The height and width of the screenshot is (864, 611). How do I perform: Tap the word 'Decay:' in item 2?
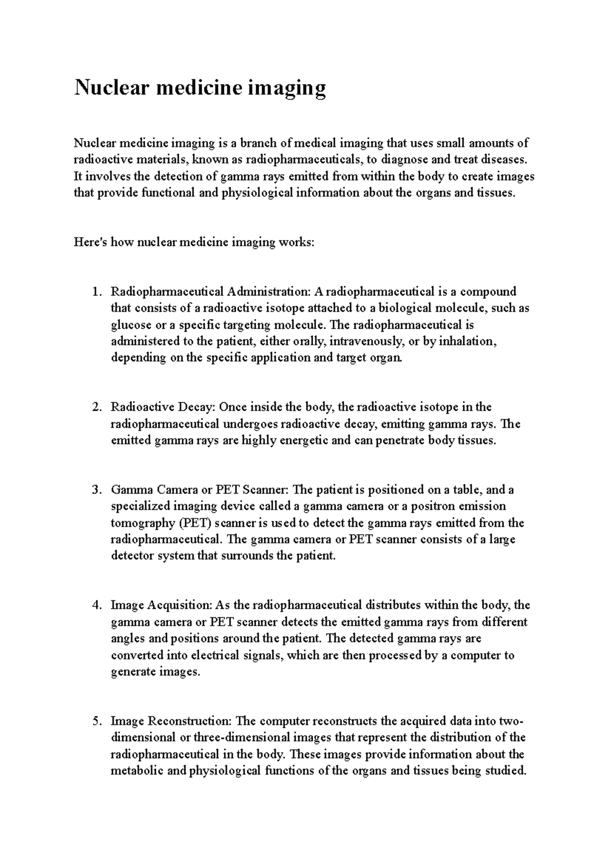[x=197, y=408]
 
